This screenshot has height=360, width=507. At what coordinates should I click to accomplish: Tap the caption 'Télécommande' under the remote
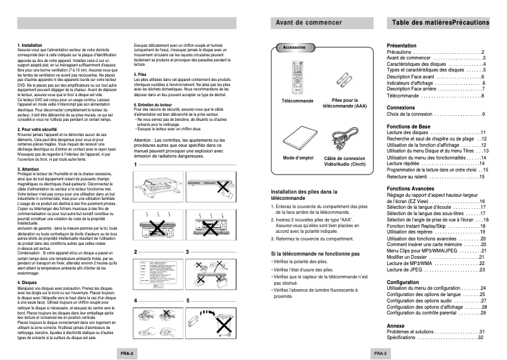point(297,101)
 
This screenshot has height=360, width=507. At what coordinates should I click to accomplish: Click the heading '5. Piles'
point(140,75)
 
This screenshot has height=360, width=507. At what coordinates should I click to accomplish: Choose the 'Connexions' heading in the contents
point(401,108)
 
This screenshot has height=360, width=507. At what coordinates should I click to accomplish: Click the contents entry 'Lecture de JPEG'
point(412,270)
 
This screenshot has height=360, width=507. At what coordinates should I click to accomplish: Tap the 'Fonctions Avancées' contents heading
point(412,189)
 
